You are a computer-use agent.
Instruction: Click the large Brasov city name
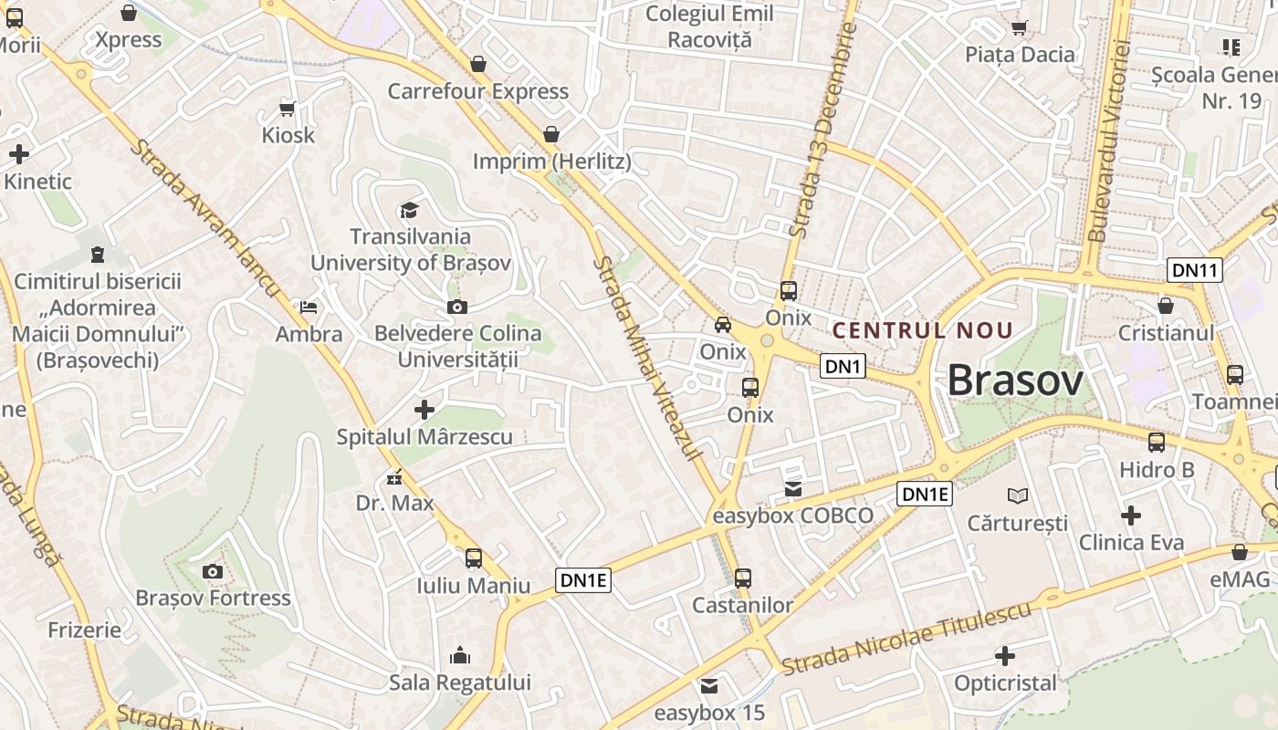click(x=1015, y=381)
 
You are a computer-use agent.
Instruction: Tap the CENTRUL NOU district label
click(x=923, y=330)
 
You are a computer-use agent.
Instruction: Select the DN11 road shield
click(x=1195, y=270)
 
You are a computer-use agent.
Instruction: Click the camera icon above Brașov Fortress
click(x=213, y=571)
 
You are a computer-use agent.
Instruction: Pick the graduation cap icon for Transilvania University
click(x=409, y=211)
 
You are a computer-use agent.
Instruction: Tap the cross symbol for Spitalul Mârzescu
click(x=424, y=410)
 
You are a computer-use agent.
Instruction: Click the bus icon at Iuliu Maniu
click(x=473, y=558)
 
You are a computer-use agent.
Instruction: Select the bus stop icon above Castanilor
click(x=743, y=578)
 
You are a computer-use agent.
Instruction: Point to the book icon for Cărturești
click(x=1018, y=495)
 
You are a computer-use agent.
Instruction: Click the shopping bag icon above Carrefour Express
click(x=477, y=64)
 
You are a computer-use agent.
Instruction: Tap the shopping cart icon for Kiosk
click(x=288, y=109)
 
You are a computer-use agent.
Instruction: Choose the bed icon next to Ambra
click(x=309, y=308)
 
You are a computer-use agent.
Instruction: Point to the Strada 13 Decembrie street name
click(x=823, y=130)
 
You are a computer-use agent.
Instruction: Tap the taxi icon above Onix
click(x=722, y=324)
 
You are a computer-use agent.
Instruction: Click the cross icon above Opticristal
click(x=1005, y=656)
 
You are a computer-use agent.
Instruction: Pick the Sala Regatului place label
click(x=460, y=683)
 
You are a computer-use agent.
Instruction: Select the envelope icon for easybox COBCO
click(x=792, y=489)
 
